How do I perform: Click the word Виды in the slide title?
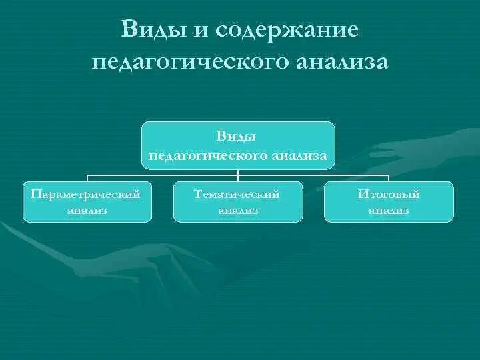click(x=147, y=30)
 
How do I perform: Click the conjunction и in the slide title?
click(x=195, y=30)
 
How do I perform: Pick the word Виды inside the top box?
click(x=237, y=136)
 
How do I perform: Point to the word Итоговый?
click(x=389, y=193)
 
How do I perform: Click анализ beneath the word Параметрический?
click(x=87, y=211)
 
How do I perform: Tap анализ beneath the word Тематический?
click(x=238, y=211)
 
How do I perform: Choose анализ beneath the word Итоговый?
click(x=389, y=211)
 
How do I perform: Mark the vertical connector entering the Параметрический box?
click(x=88, y=177)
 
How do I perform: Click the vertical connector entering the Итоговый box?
click(x=389, y=177)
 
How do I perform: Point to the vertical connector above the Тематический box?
click(x=238, y=175)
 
